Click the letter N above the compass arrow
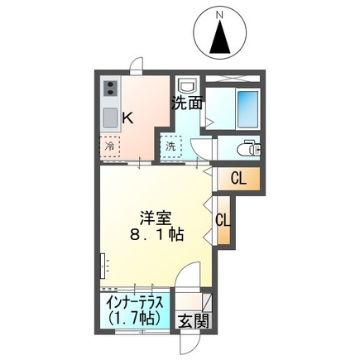click(219, 15)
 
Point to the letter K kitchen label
click(128, 118)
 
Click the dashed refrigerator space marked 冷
click(109, 146)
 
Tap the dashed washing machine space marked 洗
click(170, 146)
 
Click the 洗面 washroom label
click(188, 103)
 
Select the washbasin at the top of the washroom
click(188, 84)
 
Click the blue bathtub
click(247, 109)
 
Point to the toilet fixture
click(249, 149)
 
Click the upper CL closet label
click(238, 179)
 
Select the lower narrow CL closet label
click(223, 220)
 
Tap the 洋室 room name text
click(156, 218)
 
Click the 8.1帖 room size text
click(156, 235)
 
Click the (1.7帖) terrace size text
click(134, 318)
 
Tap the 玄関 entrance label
click(194, 321)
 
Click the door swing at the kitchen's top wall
click(137, 65)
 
